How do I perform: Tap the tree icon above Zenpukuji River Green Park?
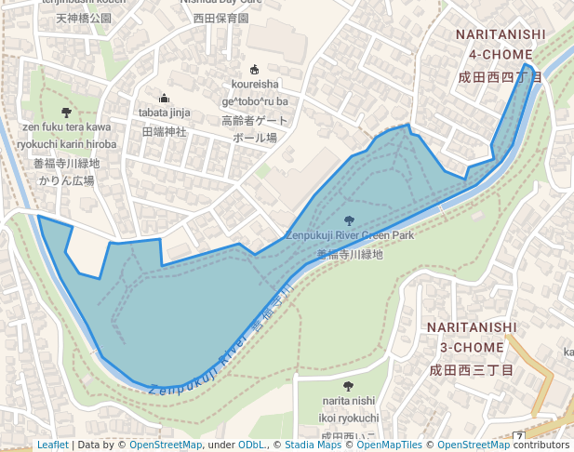349,220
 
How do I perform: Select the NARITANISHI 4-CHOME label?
500,45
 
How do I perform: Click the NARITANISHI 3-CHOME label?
472,337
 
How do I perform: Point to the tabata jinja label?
164,113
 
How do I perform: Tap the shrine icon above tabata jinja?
165,98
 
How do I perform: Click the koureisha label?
255,85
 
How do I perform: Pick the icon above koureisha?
255,69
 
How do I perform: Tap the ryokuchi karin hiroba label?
67,144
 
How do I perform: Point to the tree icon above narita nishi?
348,386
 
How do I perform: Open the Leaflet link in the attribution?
52,445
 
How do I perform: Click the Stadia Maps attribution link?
313,445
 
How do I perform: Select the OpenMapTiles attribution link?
389,445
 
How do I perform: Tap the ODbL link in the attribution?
251,445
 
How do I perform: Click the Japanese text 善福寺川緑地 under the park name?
349,254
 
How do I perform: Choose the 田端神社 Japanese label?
164,132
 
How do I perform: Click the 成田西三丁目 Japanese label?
471,370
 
